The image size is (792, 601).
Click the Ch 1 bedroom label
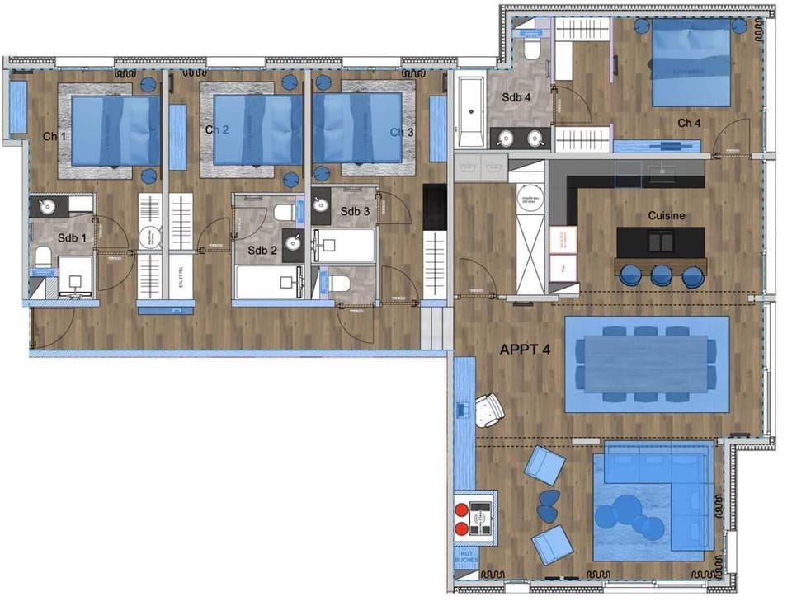(x=54, y=135)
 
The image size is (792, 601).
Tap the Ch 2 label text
(x=216, y=129)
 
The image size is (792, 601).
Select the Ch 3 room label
(x=402, y=132)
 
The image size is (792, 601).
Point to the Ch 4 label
(x=690, y=123)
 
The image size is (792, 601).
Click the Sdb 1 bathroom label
(x=71, y=238)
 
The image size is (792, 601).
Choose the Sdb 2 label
(x=262, y=251)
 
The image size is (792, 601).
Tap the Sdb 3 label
(x=356, y=211)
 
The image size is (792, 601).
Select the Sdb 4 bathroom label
(x=516, y=97)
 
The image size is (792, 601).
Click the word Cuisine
(x=667, y=216)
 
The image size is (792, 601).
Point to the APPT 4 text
(x=526, y=350)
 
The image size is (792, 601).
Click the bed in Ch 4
(x=691, y=64)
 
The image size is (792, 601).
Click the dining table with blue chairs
(x=646, y=364)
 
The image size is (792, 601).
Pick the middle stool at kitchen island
(x=660, y=275)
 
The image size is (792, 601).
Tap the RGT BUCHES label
(x=466, y=558)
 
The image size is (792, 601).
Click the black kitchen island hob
(x=661, y=241)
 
